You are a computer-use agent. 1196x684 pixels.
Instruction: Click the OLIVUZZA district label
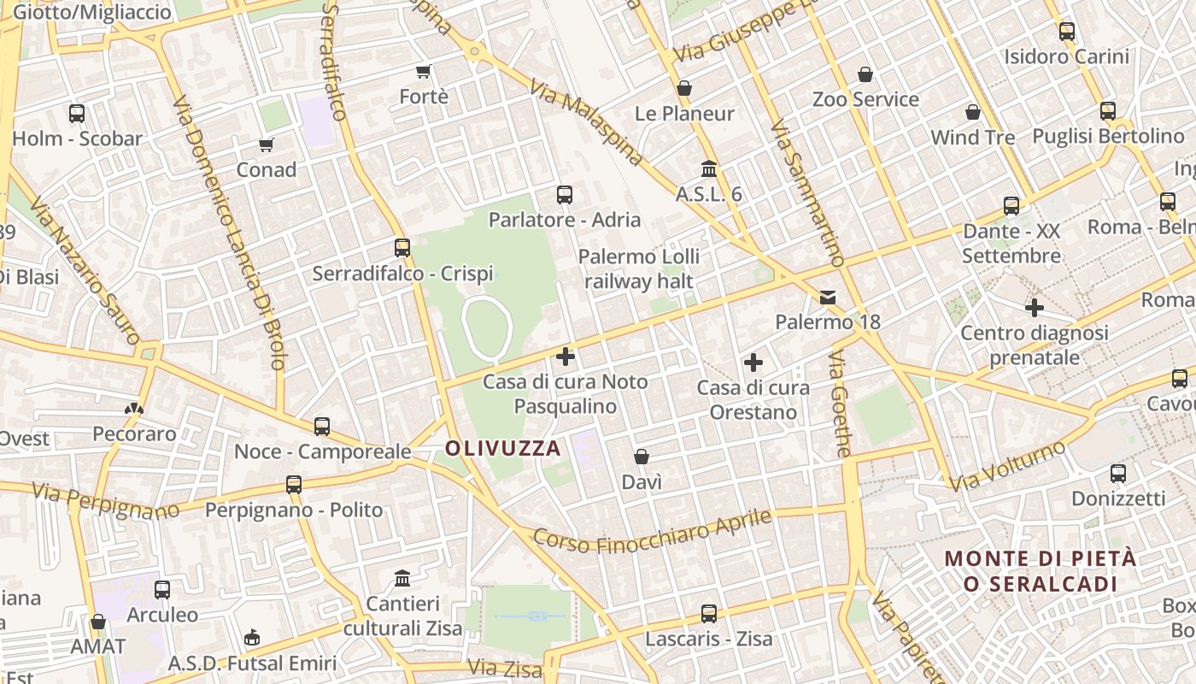[503, 448]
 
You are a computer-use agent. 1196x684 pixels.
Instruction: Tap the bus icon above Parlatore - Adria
[564, 195]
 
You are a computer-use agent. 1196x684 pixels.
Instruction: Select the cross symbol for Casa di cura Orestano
[753, 363]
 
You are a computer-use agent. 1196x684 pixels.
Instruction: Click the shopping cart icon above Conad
[267, 145]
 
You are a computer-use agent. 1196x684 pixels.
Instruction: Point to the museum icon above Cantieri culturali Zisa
[402, 579]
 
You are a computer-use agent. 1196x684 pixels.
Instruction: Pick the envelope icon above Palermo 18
[828, 298]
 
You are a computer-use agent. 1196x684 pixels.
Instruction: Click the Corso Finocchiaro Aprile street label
[653, 531]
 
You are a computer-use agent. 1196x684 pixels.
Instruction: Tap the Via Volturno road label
[1009, 466]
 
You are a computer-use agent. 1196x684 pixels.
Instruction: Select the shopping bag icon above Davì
[642, 457]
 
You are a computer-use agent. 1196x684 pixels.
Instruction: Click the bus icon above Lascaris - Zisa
[708, 613]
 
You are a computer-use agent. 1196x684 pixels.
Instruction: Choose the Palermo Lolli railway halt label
[639, 268]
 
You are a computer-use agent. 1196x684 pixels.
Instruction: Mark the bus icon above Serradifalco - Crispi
[402, 248]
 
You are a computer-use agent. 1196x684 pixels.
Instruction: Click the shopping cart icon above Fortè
[423, 71]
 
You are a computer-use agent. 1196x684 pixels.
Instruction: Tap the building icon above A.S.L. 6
[708, 168]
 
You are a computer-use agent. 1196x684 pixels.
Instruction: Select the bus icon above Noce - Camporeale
[322, 426]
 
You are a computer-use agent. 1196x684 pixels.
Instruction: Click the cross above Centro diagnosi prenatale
[1035, 308]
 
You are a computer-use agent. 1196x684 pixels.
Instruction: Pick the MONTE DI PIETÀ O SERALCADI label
[1040, 571]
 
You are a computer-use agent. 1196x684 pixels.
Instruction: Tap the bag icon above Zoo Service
[865, 74]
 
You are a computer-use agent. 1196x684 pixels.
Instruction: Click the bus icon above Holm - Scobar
[77, 113]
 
